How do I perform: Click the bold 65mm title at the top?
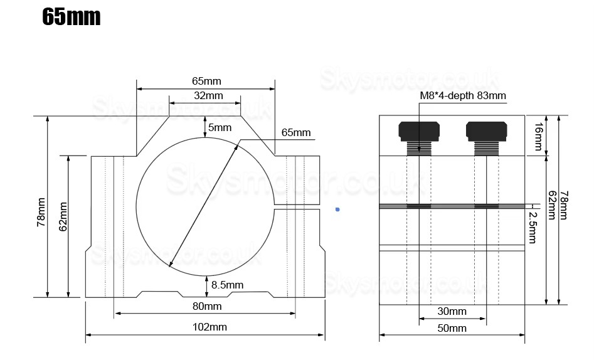coord(71,17)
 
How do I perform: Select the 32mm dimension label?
coord(208,95)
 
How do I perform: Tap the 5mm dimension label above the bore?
coord(220,127)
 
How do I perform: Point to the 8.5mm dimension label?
coord(227,285)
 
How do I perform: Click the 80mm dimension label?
coord(206,306)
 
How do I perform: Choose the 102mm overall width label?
coord(210,327)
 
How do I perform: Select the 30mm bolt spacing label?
coord(452,311)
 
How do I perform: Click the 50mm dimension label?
coord(452,328)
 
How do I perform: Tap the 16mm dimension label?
coord(538,135)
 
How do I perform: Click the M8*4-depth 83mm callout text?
coord(462,95)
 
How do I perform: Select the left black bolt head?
coord(418,130)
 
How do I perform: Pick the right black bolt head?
coord(486,130)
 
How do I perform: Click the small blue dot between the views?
coord(337,209)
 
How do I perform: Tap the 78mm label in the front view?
coord(41,212)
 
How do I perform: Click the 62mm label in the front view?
coord(63,216)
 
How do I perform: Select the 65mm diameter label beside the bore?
coord(296,132)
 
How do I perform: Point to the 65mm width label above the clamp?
coord(206,81)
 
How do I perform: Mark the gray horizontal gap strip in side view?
coord(452,206)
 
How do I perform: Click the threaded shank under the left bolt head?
coord(418,148)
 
